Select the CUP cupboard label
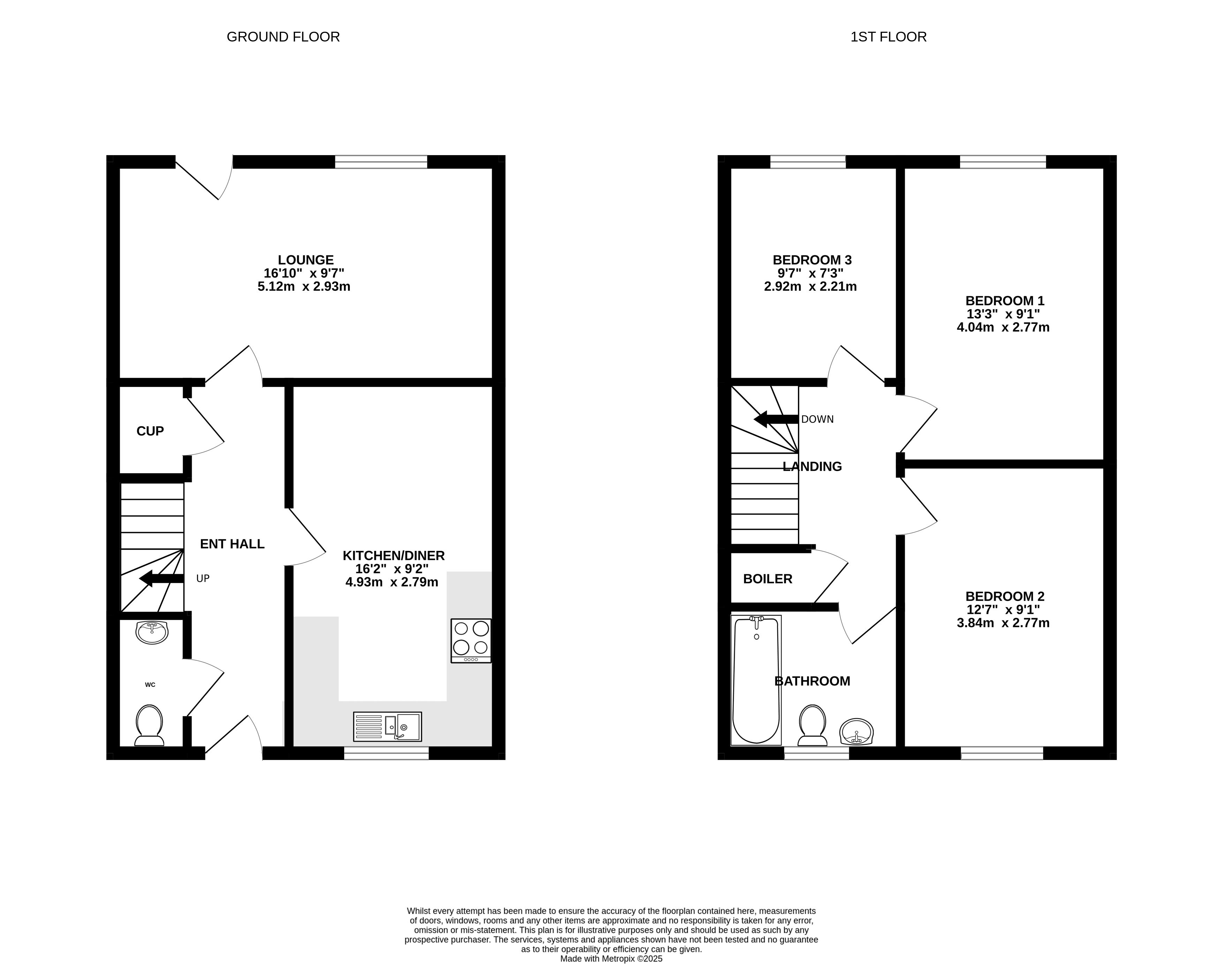click(150, 431)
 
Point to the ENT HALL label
click(232, 544)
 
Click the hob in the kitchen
click(471, 640)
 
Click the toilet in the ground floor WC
click(150, 725)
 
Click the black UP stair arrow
click(161, 578)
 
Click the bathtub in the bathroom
click(756, 680)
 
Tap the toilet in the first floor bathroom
click(813, 725)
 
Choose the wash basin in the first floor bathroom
click(856, 732)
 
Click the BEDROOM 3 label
click(812, 260)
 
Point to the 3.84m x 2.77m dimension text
click(1003, 623)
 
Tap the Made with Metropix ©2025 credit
click(612, 958)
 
